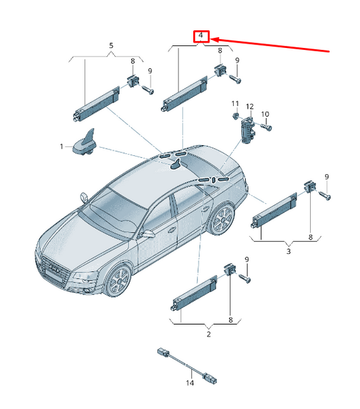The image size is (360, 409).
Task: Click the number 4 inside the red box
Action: pos(201,35)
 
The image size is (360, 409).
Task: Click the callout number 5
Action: pos(111,46)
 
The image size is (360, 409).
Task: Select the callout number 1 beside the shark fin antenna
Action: pos(61,146)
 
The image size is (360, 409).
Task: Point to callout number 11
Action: pos(235,103)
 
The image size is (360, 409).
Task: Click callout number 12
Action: pos(250,107)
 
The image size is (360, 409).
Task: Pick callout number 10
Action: pos(265,114)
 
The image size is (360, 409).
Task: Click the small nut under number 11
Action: pos(236,115)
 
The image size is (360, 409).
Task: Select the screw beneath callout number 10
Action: pos(266,127)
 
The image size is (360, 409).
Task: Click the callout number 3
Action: pos(288,251)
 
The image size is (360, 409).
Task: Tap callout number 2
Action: pos(209,334)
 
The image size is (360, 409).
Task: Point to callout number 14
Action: pos(190,383)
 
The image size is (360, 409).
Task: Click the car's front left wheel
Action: pos(119,281)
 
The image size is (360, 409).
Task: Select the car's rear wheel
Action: pos(222,220)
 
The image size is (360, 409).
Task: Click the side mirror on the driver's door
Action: pos(147,234)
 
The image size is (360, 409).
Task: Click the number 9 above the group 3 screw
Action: pos(327,177)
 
